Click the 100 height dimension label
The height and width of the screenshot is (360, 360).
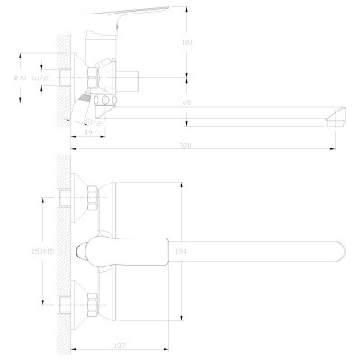186,43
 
